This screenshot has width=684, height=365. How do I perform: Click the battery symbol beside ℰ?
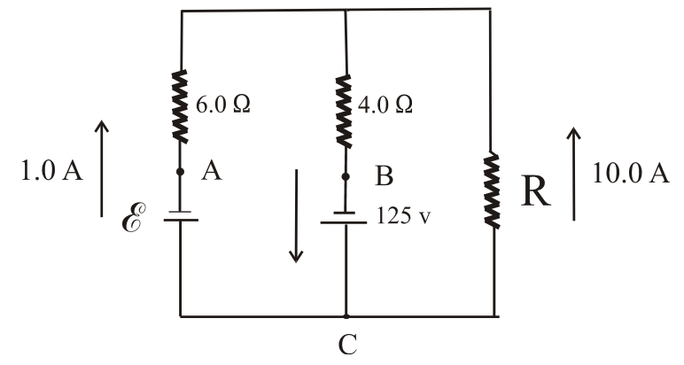(181, 217)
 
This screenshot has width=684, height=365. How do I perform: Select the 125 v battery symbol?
(345, 217)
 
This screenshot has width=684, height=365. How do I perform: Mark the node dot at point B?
(345, 177)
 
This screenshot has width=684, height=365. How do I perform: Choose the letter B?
(384, 178)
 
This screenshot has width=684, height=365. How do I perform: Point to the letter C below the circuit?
(347, 344)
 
